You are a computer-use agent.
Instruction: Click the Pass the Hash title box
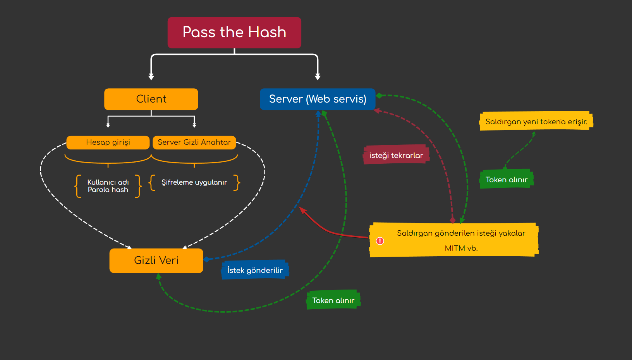234,33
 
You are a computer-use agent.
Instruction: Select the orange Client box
151,99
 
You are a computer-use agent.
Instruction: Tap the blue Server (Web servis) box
318,99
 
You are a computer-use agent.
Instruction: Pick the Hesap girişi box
108,142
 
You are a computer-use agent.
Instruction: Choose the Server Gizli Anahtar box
194,142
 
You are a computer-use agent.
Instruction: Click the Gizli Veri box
156,261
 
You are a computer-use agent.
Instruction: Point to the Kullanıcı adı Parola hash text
108,186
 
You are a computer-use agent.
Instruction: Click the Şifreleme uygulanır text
194,182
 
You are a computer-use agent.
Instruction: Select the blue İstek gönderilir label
255,270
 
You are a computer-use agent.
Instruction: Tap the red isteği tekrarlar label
396,155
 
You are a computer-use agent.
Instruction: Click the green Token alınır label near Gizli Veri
333,300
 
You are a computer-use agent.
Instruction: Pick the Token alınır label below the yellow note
506,180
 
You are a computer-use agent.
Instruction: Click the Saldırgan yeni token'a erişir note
536,122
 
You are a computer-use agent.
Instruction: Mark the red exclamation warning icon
380,241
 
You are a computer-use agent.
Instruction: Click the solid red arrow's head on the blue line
302,210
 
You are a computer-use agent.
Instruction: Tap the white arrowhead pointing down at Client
151,77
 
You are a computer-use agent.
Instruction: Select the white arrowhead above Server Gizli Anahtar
194,125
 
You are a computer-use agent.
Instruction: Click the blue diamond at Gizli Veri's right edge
206,259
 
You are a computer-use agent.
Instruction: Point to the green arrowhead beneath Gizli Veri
158,276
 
